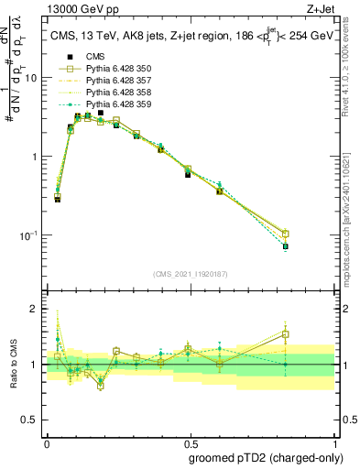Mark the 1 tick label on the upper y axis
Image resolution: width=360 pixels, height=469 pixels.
34,157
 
